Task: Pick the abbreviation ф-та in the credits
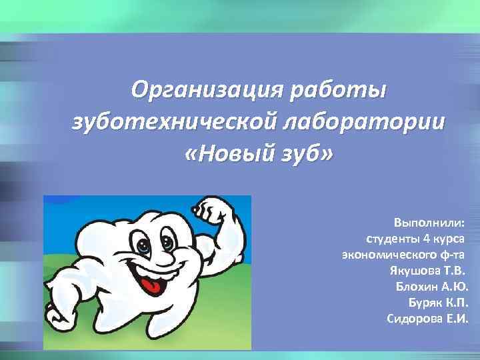451,254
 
